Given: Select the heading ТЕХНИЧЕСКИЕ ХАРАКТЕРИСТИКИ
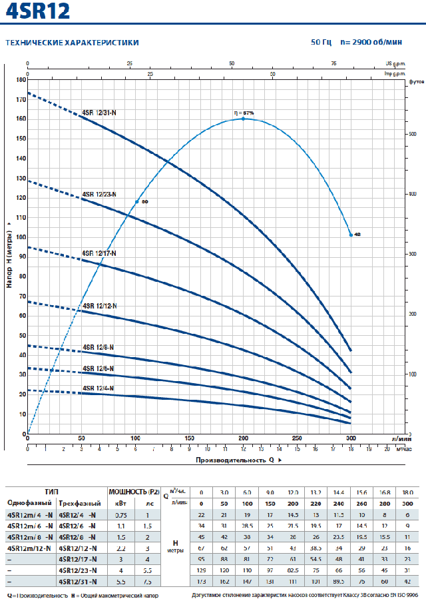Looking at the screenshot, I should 72,43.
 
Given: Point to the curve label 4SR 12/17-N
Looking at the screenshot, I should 99,253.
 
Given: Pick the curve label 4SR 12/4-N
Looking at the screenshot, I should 98,388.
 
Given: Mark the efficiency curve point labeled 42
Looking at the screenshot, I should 351,235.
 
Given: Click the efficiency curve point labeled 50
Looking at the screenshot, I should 137,201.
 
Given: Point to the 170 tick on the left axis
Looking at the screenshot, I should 21,99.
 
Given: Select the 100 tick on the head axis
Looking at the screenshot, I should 21,237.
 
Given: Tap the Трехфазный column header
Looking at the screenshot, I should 78,503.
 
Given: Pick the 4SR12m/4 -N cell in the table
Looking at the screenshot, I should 29,514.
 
